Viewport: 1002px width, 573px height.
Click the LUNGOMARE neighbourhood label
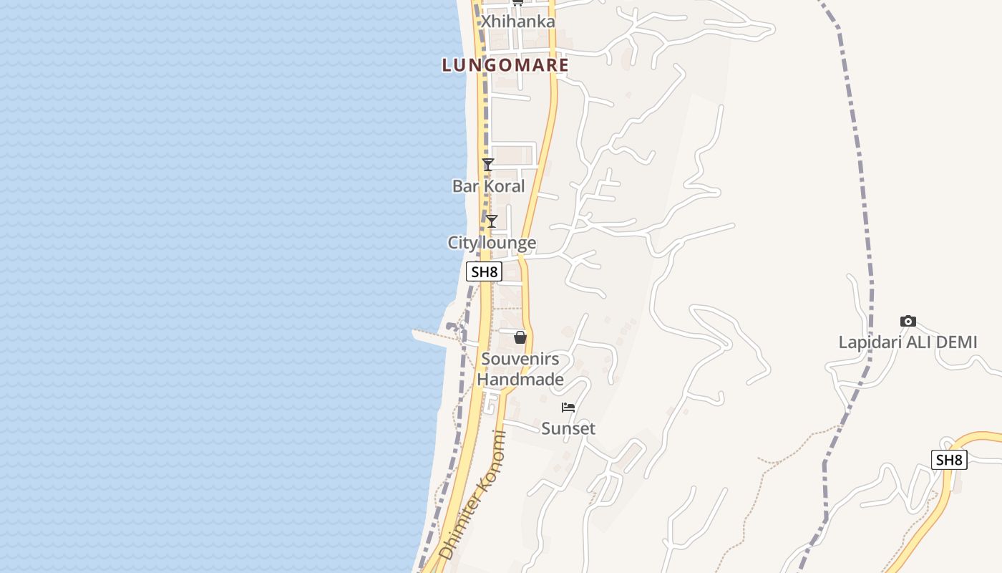[505, 65]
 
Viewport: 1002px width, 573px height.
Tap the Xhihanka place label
[517, 21]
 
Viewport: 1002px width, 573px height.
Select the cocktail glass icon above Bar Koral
[488, 165]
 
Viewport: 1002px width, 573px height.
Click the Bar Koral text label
[488, 186]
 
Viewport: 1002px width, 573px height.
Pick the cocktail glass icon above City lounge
[492, 221]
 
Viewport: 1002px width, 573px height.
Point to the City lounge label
[492, 243]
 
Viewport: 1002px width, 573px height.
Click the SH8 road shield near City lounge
[484, 272]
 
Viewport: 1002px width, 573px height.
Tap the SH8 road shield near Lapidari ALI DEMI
[949, 460]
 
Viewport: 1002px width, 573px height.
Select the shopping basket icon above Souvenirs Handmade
[520, 337]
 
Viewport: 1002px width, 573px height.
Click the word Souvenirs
[520, 359]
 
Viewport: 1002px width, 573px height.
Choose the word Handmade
[520, 380]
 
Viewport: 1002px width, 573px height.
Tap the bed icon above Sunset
[568, 408]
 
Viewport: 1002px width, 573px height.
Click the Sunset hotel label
[568, 428]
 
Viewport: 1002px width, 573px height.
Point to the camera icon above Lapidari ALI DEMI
[908, 321]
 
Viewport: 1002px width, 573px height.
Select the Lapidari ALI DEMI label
[908, 342]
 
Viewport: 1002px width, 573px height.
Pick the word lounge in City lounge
[509, 243]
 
